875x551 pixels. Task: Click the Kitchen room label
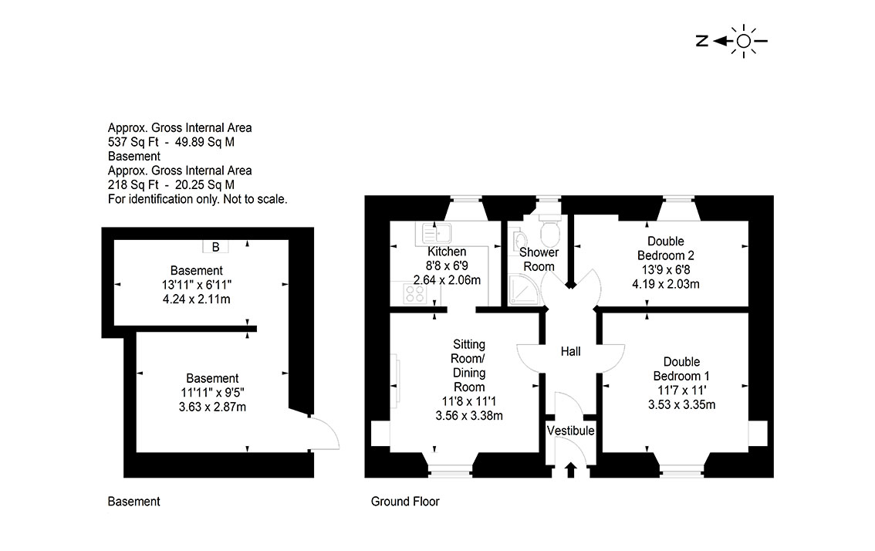[x=447, y=252]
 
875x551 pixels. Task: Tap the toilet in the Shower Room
[x=550, y=230]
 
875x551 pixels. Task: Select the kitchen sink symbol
[x=437, y=233]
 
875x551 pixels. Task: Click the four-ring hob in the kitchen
[x=415, y=294]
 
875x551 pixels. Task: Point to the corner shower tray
[x=523, y=289]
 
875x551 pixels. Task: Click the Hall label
[x=570, y=351]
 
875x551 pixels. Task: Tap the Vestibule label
[x=570, y=431]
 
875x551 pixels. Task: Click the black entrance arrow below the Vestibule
[x=570, y=469]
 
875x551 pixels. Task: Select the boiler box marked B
[x=215, y=247]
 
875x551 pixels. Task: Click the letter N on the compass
[x=702, y=41]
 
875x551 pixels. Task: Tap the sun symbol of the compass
[x=744, y=41]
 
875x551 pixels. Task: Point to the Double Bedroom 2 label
[x=666, y=248]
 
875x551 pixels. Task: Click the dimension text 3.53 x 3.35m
[x=681, y=404]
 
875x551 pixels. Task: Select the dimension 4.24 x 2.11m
[x=197, y=299]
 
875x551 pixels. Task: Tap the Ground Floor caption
[x=405, y=502]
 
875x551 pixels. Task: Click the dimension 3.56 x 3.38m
[x=469, y=415]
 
